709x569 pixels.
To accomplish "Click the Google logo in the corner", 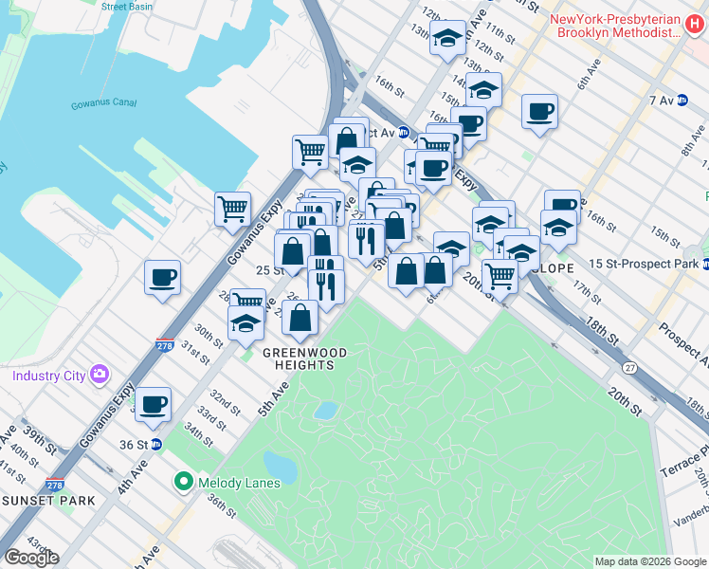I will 31,558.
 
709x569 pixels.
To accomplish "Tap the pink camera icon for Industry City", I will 99,376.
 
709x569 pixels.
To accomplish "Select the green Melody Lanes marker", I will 183,483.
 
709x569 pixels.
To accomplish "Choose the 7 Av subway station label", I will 660,100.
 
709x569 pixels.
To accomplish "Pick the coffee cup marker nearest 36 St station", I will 153,405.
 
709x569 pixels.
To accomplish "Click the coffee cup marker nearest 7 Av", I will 539,111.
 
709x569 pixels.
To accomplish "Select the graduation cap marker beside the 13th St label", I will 447,39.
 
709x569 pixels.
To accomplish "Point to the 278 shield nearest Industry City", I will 165,347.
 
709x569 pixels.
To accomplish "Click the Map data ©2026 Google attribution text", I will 649,561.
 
